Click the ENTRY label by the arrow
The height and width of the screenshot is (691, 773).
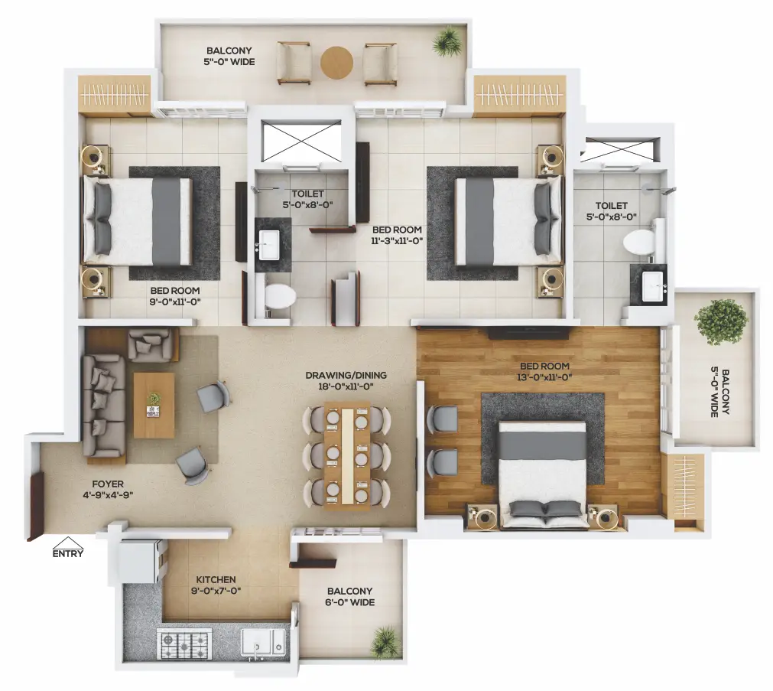pyautogui.click(x=68, y=553)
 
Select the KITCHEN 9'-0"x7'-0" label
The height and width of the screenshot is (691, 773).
pyautogui.click(x=216, y=585)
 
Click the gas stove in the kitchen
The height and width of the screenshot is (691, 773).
pyautogui.click(x=184, y=644)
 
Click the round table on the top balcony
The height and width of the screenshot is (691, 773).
pyautogui.click(x=336, y=63)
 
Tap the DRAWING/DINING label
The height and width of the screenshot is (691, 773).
pyautogui.click(x=346, y=375)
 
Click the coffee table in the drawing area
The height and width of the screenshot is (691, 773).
pyautogui.click(x=154, y=406)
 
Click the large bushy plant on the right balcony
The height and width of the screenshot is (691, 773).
pyautogui.click(x=720, y=322)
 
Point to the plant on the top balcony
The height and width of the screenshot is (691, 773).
pyautogui.click(x=448, y=41)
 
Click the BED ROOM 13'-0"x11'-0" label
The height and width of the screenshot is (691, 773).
pyautogui.click(x=544, y=372)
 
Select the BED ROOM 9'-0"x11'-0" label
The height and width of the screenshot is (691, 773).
pyautogui.click(x=175, y=296)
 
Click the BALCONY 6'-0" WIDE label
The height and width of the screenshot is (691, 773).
pyautogui.click(x=350, y=596)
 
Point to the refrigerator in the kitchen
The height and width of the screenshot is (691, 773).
pyautogui.click(x=139, y=562)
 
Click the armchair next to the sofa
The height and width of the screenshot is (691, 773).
pyautogui.click(x=151, y=344)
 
